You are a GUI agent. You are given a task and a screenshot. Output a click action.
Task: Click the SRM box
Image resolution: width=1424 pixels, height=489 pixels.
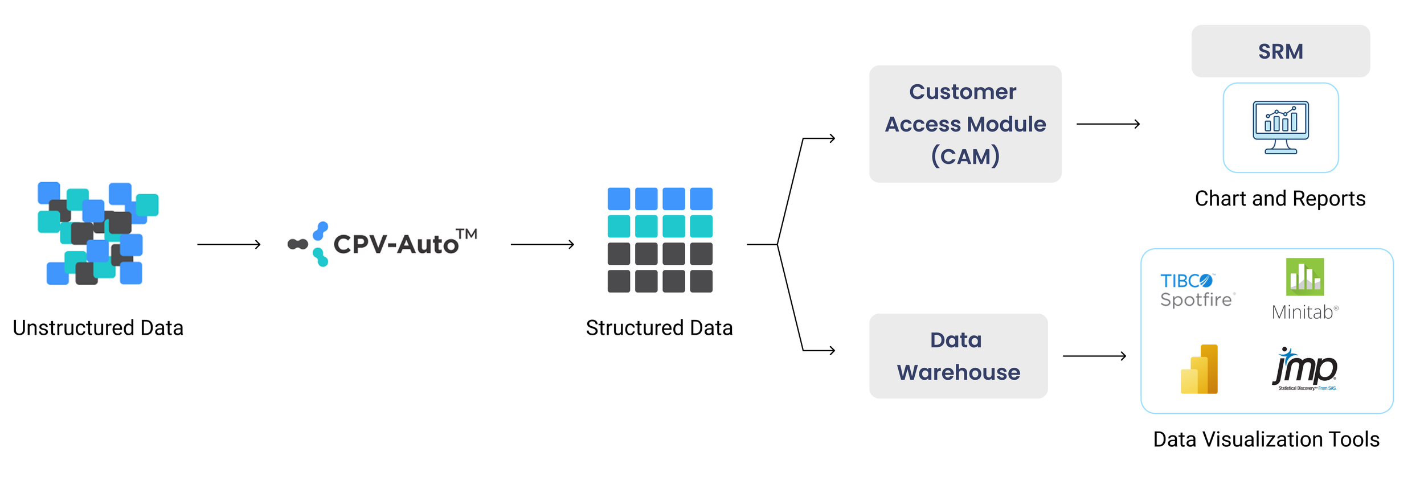[x=1280, y=51]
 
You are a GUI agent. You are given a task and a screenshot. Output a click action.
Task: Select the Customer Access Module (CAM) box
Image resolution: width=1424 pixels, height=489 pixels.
[x=965, y=124]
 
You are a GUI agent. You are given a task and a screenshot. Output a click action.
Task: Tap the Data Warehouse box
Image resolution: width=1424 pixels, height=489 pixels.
[x=958, y=356]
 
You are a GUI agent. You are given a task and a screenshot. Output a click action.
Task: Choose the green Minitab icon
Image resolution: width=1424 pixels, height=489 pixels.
[x=1304, y=277]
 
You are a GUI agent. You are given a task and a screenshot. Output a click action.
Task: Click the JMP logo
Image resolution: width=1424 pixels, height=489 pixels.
[x=1304, y=369]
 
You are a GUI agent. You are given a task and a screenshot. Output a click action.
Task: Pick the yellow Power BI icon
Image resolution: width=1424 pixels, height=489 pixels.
[x=1199, y=369]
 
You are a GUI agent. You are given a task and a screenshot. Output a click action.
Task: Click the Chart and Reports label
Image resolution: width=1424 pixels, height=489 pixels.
[x=1280, y=199]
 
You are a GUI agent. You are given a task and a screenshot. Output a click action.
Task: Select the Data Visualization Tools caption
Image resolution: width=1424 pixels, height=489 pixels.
[x=1266, y=439]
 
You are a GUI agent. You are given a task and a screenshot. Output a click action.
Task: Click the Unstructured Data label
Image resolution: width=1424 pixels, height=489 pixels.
[x=98, y=328]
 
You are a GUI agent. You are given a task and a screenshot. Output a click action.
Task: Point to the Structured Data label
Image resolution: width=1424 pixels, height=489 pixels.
[x=659, y=328]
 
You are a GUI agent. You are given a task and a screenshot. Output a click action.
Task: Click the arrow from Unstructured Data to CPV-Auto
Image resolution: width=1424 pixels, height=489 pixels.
[x=228, y=244]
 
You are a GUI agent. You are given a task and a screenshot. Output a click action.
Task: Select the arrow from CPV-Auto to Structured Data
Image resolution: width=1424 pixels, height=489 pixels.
[x=542, y=244]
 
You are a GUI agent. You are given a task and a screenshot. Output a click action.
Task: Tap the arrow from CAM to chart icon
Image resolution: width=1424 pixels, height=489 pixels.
[x=1108, y=124]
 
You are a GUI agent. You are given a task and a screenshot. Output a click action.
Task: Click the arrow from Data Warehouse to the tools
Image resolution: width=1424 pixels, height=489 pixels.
[x=1094, y=356]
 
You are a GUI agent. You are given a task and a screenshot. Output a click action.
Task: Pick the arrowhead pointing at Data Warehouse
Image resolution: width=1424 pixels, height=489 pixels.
[x=832, y=350]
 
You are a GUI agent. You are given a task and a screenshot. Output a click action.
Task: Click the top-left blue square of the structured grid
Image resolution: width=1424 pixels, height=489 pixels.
[x=619, y=199]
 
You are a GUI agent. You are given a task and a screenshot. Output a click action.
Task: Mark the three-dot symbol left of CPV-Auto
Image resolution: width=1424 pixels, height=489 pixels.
[x=308, y=244]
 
